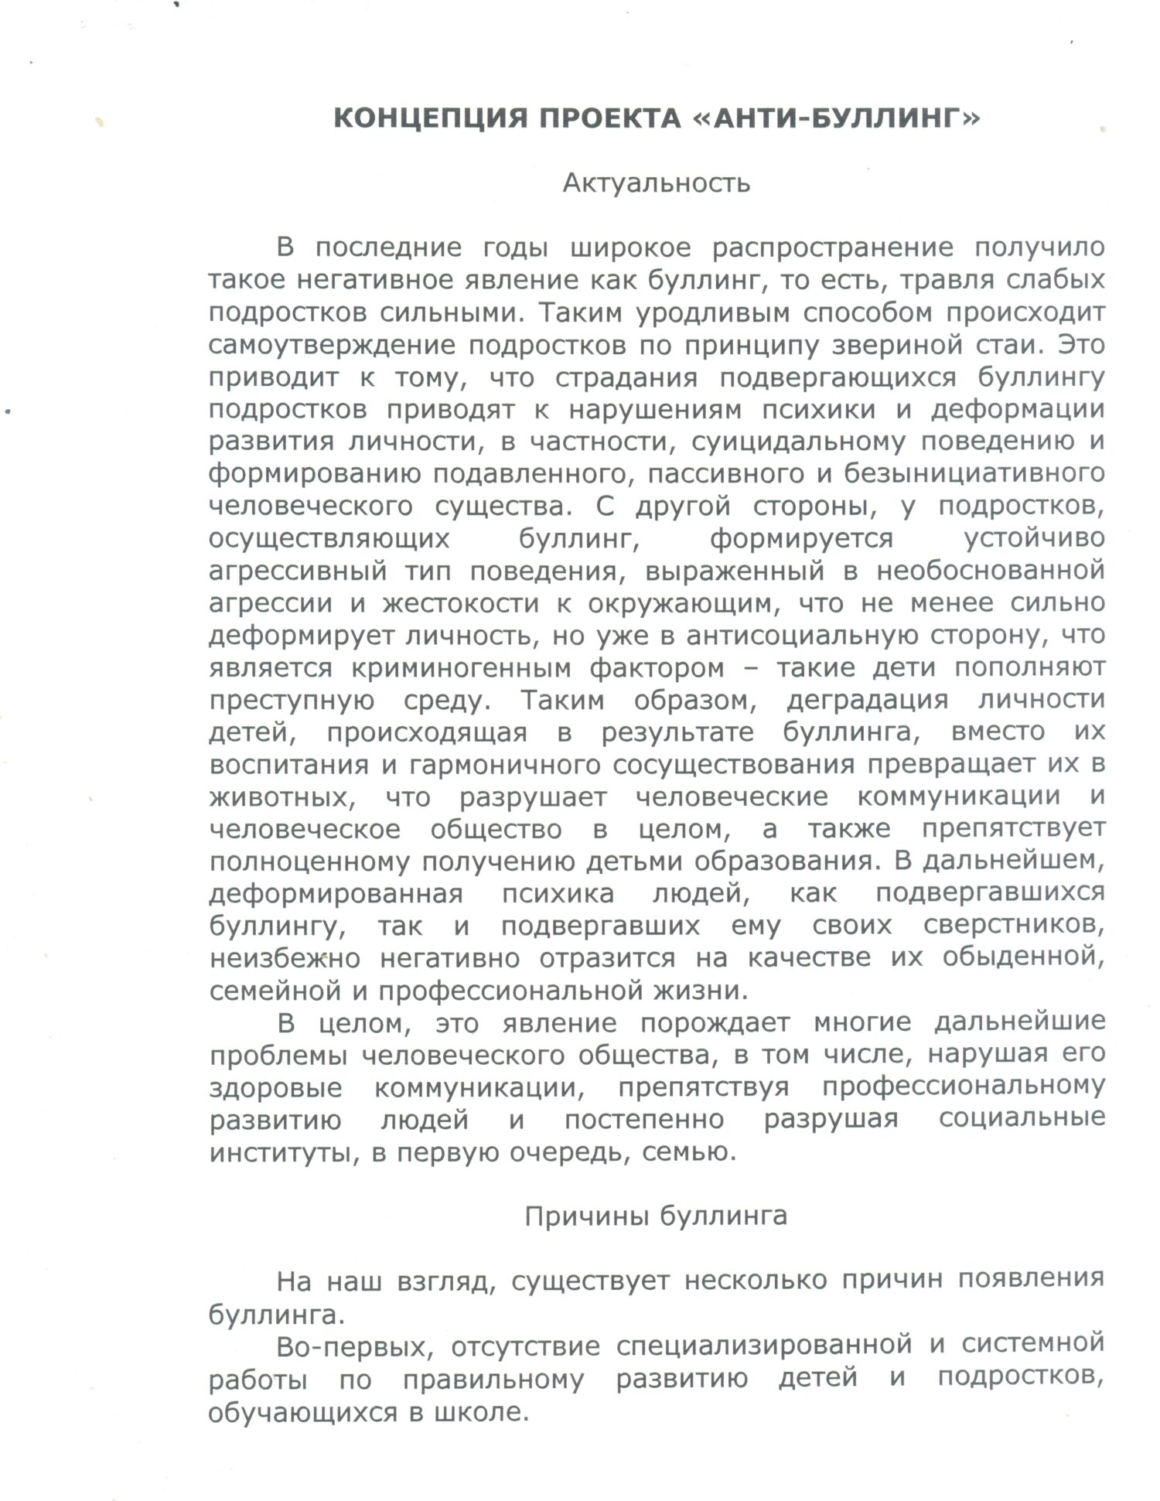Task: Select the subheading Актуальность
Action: tap(656, 183)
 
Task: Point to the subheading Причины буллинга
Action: tap(656, 1216)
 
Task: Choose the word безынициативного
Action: tap(974, 474)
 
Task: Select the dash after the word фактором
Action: tap(750, 667)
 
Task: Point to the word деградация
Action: tap(867, 700)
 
